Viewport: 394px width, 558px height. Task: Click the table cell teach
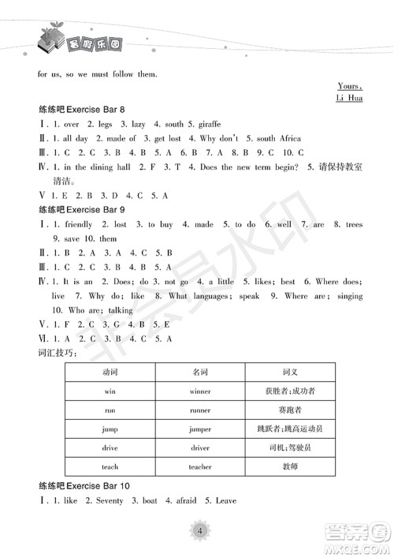[110, 466]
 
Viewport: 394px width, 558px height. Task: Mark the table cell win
[110, 391]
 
